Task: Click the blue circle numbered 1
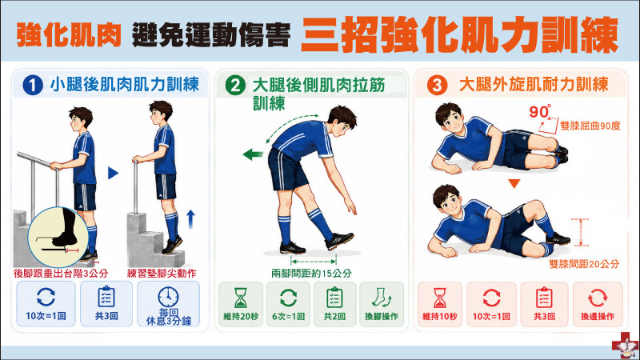click(x=33, y=86)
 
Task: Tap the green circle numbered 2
click(x=235, y=86)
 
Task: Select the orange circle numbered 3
click(x=437, y=86)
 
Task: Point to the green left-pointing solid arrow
click(x=253, y=154)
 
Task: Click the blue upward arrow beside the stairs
click(x=190, y=219)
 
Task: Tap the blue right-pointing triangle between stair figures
click(x=113, y=173)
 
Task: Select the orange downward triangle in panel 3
click(x=514, y=184)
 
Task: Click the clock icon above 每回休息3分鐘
click(x=168, y=297)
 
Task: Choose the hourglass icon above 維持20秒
click(x=241, y=298)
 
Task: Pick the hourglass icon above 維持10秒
click(x=439, y=298)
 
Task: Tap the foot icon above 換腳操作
click(x=382, y=298)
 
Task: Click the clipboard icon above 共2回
click(x=334, y=297)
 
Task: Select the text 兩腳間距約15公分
click(x=311, y=273)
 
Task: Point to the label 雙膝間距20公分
click(x=584, y=264)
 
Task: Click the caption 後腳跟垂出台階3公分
click(x=61, y=273)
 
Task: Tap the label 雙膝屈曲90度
click(x=590, y=126)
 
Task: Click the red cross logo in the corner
click(x=626, y=346)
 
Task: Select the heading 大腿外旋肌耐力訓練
click(x=534, y=85)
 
